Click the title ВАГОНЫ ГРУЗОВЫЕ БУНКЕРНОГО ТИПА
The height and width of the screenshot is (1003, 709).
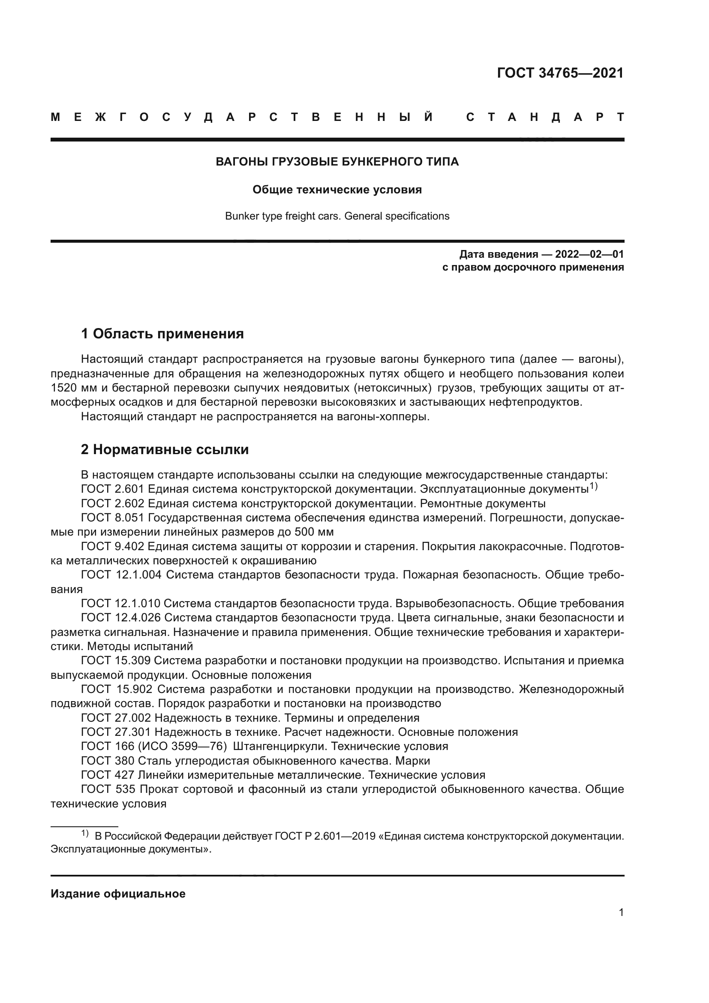point(337,162)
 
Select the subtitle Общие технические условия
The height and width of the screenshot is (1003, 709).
point(337,190)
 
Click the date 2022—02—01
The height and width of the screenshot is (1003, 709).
point(589,254)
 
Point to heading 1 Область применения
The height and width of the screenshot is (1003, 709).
point(162,334)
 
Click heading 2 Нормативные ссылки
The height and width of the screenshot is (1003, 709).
point(165,449)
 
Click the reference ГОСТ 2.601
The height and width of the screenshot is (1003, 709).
point(113,489)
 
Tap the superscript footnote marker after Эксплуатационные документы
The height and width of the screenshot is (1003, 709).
point(593,486)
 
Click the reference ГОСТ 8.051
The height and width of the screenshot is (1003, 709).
point(113,518)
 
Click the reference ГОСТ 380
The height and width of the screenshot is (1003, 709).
point(108,761)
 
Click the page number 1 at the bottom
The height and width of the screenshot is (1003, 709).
point(621,913)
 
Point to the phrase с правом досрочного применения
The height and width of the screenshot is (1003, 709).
point(533,267)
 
